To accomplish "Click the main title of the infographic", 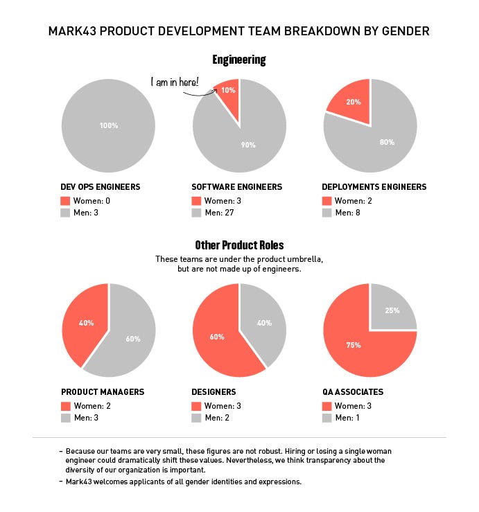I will tap(239, 31).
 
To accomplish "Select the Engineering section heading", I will tap(239, 60).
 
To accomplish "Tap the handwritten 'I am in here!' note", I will tap(175, 82).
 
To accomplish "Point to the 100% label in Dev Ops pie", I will tap(108, 126).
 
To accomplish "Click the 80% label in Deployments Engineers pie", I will tap(387, 142).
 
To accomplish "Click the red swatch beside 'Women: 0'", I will tap(66, 201).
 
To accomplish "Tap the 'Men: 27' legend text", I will tap(220, 213).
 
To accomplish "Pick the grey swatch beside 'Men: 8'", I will tap(327, 213).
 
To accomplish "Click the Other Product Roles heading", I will tap(239, 245).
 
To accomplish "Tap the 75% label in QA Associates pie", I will tap(354, 344).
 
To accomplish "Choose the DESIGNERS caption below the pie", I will tap(214, 392).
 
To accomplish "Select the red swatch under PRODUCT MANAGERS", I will tap(66, 406).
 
